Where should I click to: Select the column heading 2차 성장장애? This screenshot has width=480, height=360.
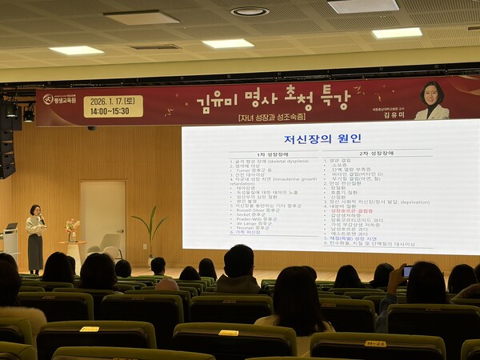point(375,153)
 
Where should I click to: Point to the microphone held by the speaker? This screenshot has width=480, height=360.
point(41,218)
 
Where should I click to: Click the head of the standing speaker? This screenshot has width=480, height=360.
point(35,210)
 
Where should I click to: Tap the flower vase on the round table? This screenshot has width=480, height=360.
point(72,230)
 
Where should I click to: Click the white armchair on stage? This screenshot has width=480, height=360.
point(111,245)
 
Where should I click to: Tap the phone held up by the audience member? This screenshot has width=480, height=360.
point(407,271)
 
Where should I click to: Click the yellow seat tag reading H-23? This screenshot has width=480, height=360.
point(374,343)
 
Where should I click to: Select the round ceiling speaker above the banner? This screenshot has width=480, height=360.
point(250,11)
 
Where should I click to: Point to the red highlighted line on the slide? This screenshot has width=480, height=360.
point(353,210)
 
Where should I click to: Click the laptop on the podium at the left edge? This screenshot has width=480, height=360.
point(10,227)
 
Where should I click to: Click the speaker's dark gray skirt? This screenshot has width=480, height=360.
point(35,251)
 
